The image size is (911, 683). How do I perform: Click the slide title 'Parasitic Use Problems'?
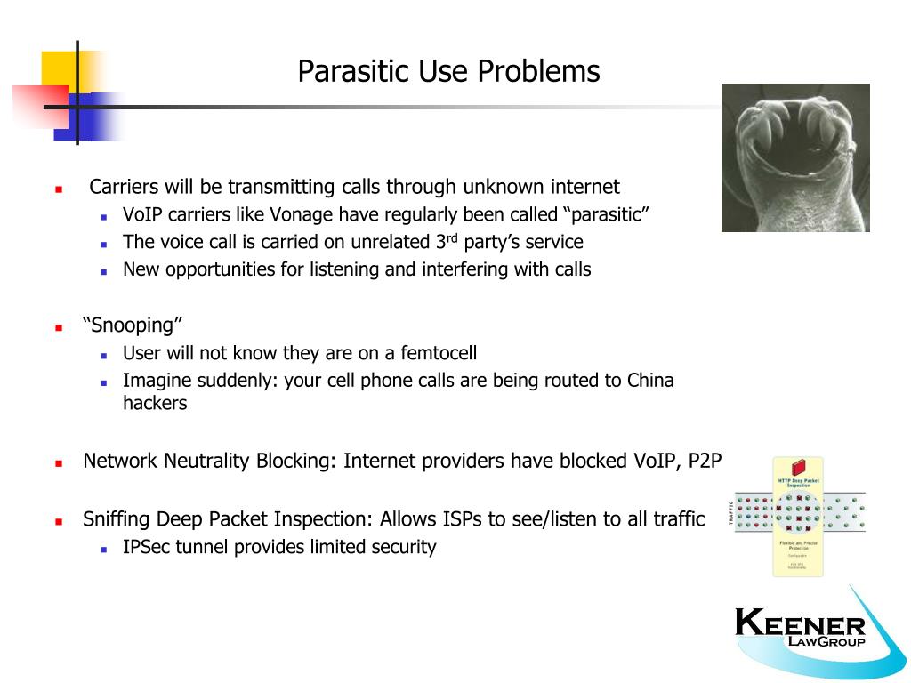point(448,71)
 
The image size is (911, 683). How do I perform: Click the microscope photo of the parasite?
point(794,157)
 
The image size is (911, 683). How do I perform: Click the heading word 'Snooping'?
point(127,325)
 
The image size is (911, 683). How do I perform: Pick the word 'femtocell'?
point(439,353)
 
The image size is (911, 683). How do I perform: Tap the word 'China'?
point(650,381)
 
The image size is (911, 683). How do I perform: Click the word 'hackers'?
point(155,403)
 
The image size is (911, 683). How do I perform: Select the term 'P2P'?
point(705,461)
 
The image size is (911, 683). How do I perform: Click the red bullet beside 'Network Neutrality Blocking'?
point(59,462)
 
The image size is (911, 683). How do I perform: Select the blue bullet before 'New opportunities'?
point(104,270)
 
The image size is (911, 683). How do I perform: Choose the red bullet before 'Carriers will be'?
point(59,189)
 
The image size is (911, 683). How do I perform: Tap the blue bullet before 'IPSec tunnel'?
point(104,549)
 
